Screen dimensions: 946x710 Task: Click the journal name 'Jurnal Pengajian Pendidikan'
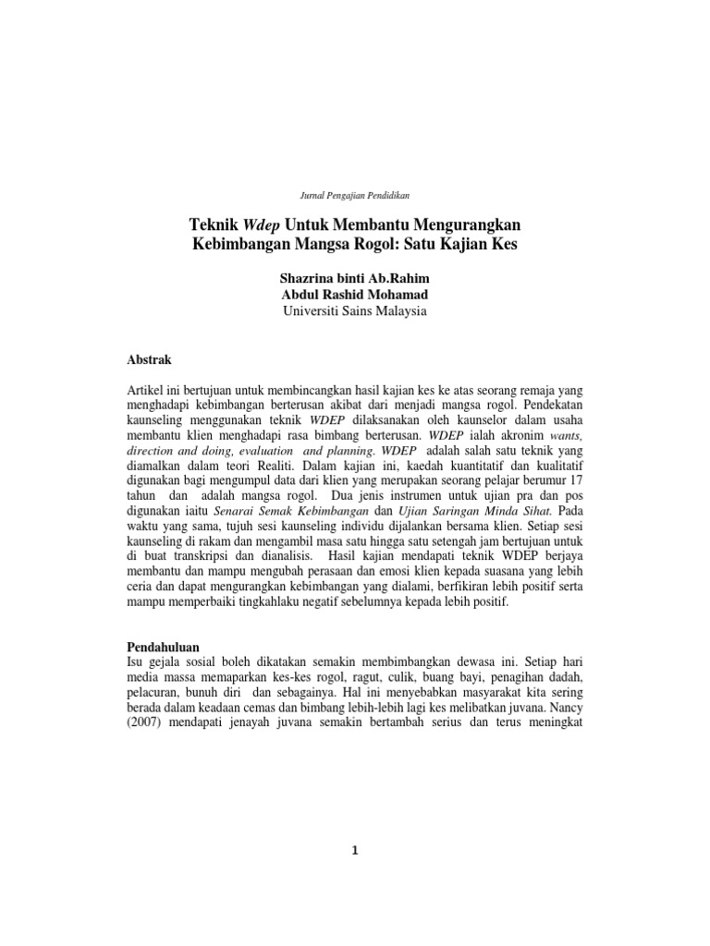point(355,196)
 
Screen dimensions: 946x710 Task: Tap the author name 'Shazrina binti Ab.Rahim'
point(355,278)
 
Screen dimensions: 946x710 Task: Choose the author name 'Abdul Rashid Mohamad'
point(355,295)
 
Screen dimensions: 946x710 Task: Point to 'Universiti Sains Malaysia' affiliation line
point(355,311)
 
